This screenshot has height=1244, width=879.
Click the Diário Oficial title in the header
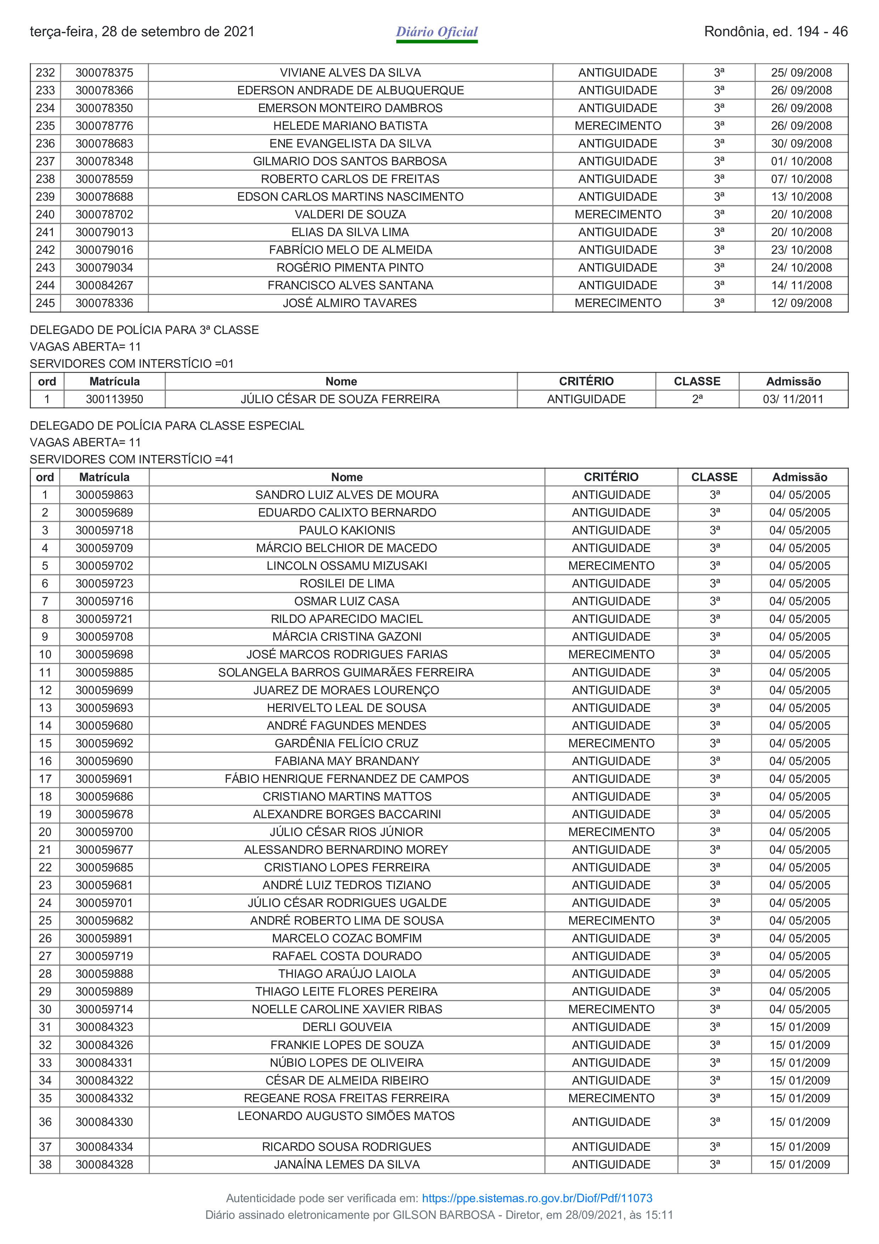pyautogui.click(x=437, y=32)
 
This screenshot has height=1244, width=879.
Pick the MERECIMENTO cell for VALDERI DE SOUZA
pyautogui.click(x=617, y=214)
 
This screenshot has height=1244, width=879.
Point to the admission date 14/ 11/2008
pyautogui.click(x=801, y=285)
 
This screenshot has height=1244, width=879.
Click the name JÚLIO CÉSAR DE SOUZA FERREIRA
pyautogui.click(x=340, y=399)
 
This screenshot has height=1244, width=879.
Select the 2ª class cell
pyautogui.click(x=697, y=399)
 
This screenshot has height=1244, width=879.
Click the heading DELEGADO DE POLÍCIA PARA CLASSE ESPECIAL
pyautogui.click(x=167, y=426)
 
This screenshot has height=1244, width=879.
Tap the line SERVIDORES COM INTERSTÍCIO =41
pyautogui.click(x=131, y=459)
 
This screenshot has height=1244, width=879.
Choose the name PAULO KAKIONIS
pyautogui.click(x=347, y=530)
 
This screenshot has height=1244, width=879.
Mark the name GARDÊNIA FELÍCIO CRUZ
pyautogui.click(x=347, y=743)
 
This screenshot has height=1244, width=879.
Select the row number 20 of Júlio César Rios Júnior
pyautogui.click(x=45, y=832)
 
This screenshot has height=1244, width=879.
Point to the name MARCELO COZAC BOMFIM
pyautogui.click(x=347, y=938)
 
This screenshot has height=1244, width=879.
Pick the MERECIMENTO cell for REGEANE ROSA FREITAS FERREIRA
pyautogui.click(x=611, y=1098)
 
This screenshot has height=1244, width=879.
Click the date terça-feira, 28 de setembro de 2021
pyautogui.click(x=142, y=32)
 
